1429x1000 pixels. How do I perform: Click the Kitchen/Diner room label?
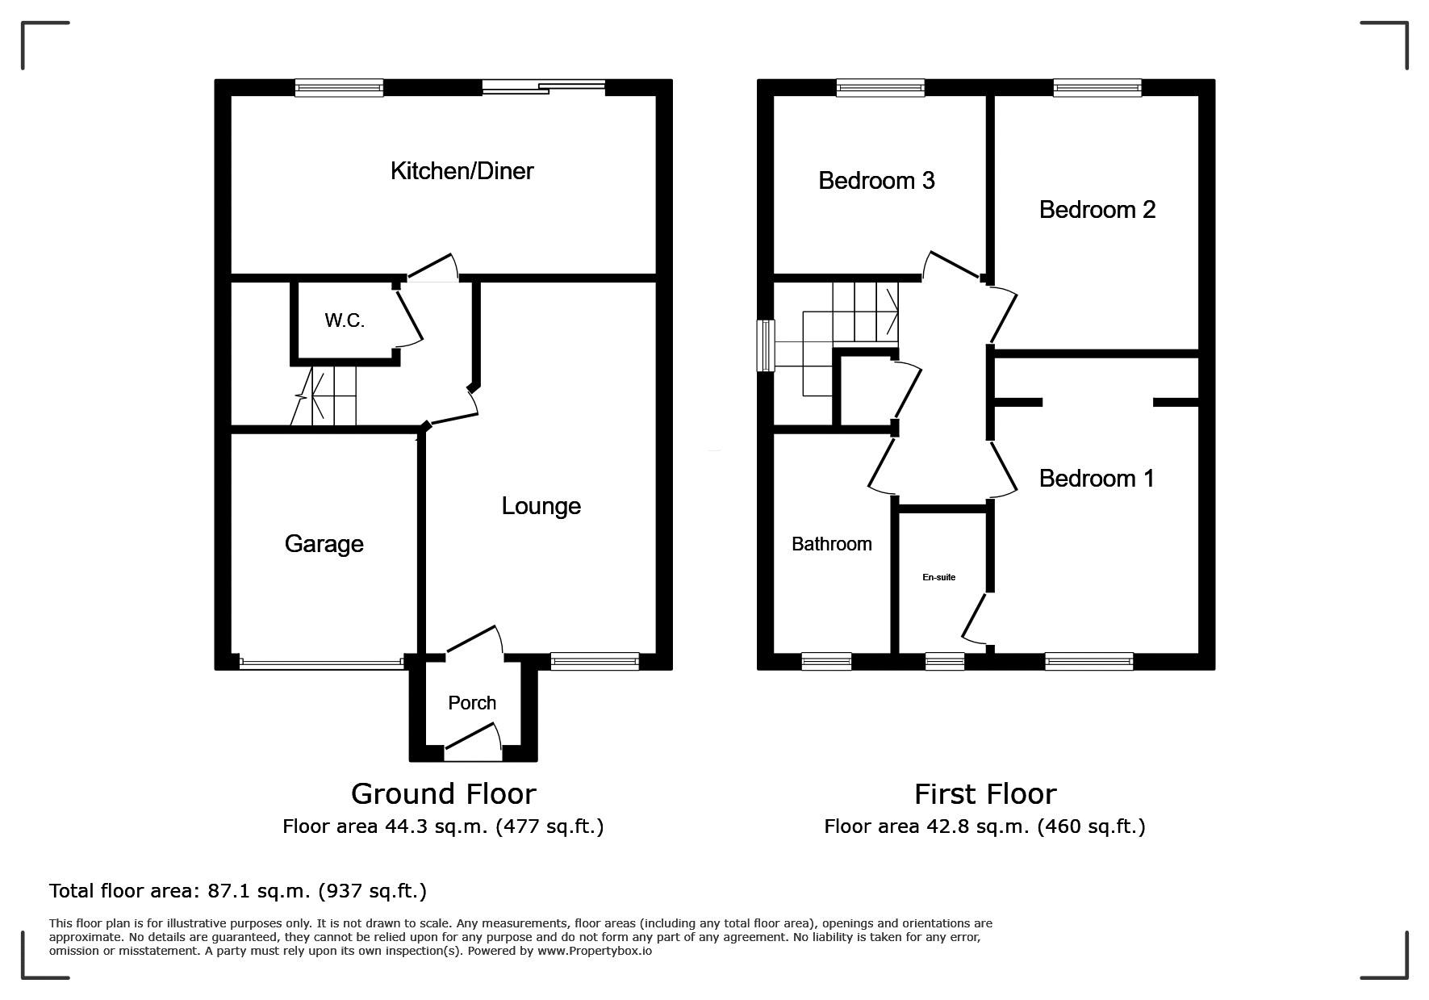click(462, 171)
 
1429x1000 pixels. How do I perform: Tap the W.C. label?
click(345, 321)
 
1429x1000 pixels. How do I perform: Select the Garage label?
click(324, 544)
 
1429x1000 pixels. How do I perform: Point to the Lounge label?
click(541, 506)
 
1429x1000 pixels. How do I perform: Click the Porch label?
click(472, 703)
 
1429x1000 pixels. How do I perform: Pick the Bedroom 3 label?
click(876, 180)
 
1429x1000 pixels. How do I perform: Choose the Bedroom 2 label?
click(1097, 210)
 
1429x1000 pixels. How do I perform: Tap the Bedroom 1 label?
click(1096, 479)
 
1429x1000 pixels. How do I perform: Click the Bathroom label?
click(831, 544)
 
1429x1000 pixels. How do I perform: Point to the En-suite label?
click(938, 577)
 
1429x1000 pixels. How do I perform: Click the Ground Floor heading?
click(443, 794)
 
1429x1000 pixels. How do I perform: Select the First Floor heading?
click(984, 794)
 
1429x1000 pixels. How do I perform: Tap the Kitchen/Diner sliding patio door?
click(544, 87)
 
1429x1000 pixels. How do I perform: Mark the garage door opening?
click(321, 663)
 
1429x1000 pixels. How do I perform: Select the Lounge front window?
click(595, 662)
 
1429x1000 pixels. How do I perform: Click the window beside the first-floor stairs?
click(765, 345)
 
